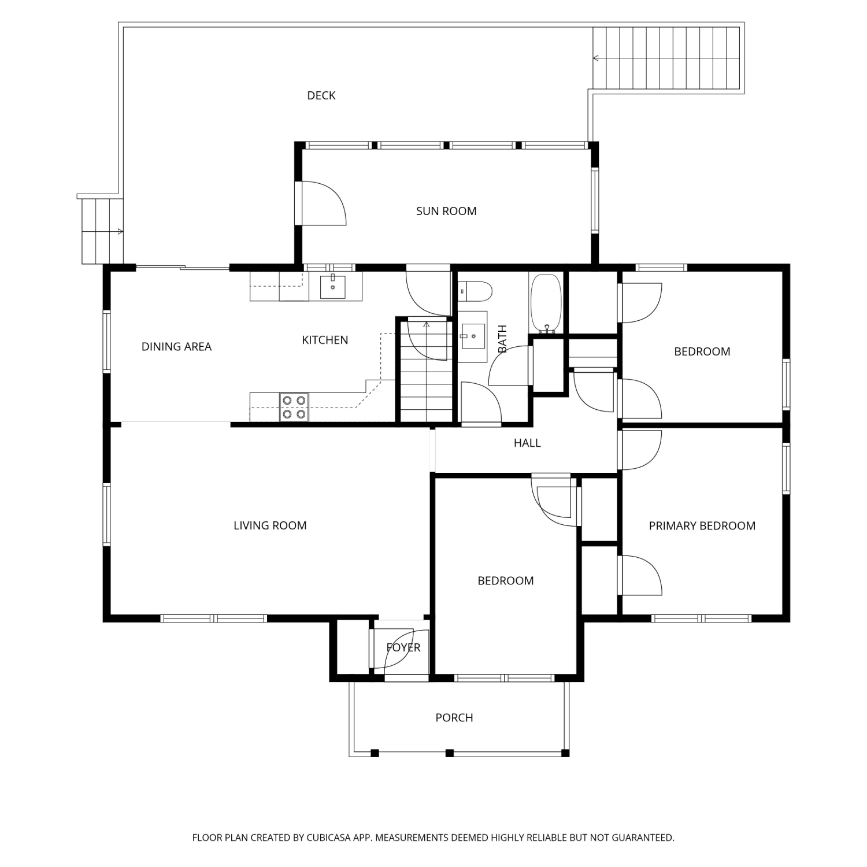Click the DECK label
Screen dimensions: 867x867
(321, 95)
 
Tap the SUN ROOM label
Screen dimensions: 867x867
(446, 211)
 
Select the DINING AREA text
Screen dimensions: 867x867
(176, 346)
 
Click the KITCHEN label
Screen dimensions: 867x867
(325, 340)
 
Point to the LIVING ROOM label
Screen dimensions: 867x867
(270, 525)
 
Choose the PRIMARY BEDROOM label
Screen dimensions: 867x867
(702, 525)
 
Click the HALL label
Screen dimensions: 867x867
(527, 443)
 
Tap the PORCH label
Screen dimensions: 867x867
(454, 717)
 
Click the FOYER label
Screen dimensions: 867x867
(403, 647)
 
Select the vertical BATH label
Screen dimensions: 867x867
(502, 339)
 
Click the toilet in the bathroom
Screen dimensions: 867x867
(475, 291)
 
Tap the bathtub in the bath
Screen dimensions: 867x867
(546, 303)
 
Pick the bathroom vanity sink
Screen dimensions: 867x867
(473, 336)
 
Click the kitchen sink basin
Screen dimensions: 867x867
(333, 287)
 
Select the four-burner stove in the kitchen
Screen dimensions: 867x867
(294, 407)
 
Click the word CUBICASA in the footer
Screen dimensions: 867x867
(329, 838)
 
